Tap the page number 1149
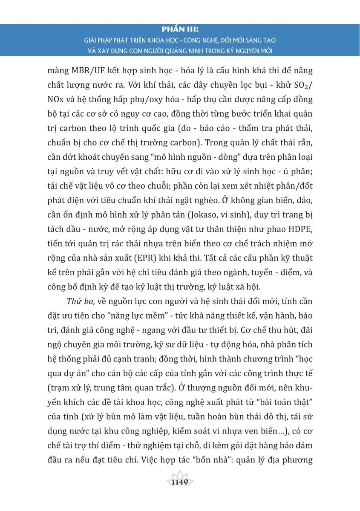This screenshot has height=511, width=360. (180, 482)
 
